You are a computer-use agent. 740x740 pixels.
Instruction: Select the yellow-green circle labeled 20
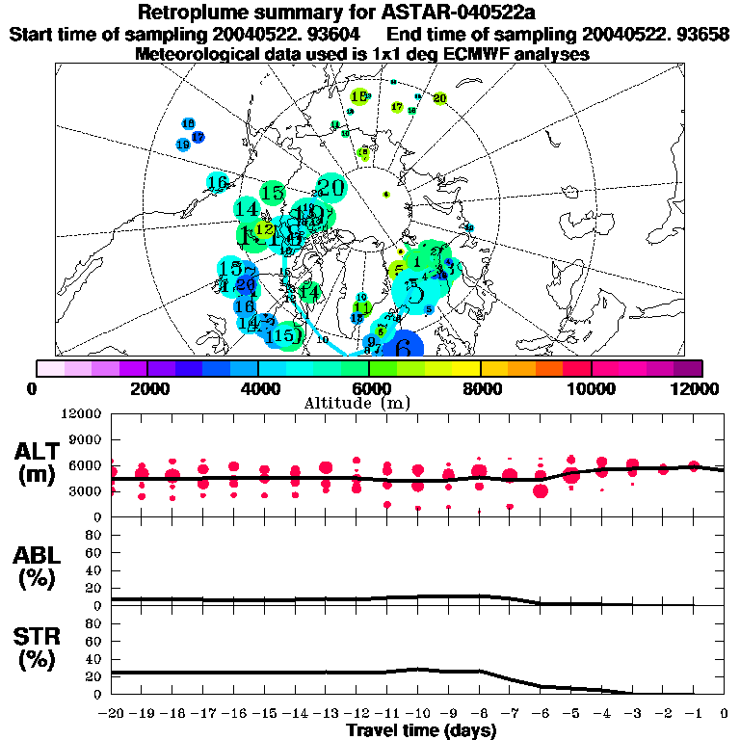[439, 98]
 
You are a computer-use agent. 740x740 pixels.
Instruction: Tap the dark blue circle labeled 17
[198, 137]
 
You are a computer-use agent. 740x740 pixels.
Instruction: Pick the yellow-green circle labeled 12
[263, 230]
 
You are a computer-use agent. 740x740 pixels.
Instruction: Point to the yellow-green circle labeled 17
[396, 107]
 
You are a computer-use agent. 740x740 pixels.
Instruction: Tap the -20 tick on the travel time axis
[112, 714]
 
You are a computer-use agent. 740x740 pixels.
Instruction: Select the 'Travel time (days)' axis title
[421, 731]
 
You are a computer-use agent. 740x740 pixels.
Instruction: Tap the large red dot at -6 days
[541, 490]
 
